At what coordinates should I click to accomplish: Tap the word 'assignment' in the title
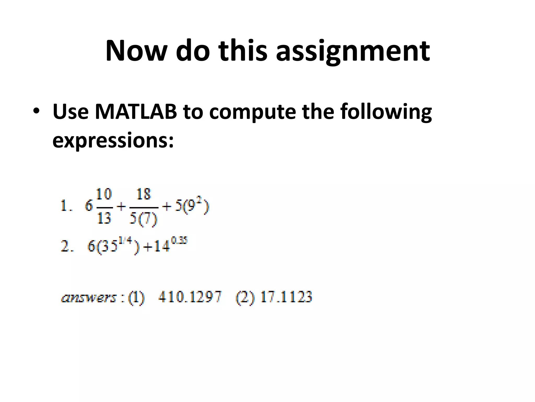[x=353, y=51]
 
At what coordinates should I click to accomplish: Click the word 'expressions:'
[x=113, y=141]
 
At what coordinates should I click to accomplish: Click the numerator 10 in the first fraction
[x=104, y=194]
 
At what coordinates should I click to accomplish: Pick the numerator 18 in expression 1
[x=144, y=194]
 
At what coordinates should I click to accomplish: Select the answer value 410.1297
[x=190, y=297]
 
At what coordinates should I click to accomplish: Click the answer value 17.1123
[x=286, y=297]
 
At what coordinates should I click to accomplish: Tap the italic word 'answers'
[x=88, y=298]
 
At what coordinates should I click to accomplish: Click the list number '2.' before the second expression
[x=67, y=247]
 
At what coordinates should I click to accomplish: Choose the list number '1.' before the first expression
[x=66, y=206]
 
